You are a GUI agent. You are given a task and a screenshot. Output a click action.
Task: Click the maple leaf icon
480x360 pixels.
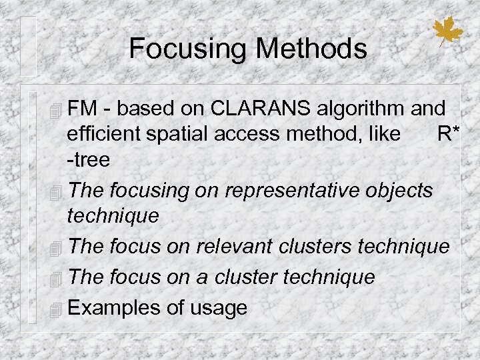(x=447, y=31)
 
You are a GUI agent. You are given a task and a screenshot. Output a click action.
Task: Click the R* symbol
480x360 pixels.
(x=447, y=133)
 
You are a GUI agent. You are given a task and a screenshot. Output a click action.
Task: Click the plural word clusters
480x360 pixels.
(x=315, y=246)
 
